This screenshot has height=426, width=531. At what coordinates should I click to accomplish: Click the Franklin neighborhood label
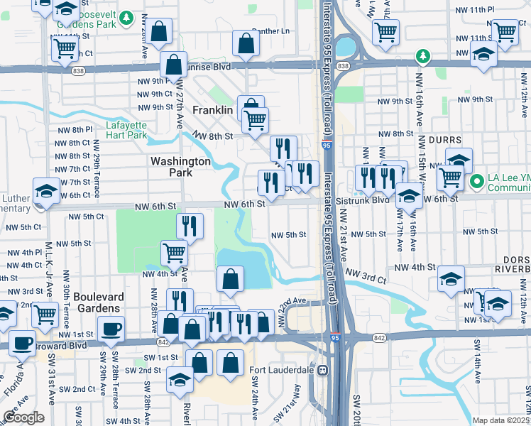click(x=212, y=111)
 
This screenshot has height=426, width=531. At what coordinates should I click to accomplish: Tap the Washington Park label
click(x=180, y=167)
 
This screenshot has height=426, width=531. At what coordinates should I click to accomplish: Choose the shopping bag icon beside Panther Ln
click(x=246, y=43)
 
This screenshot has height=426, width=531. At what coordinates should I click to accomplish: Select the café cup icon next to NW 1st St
click(x=111, y=329)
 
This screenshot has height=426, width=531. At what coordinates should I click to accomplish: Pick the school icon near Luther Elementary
click(x=47, y=191)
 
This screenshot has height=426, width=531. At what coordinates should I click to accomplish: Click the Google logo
click(x=23, y=417)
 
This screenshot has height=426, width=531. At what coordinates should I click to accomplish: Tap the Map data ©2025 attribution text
click(x=500, y=420)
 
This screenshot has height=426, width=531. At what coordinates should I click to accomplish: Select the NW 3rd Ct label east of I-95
click(x=366, y=274)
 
